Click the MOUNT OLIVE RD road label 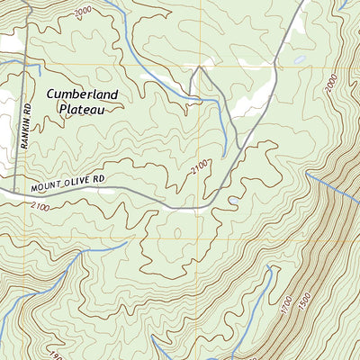pyautogui.click(x=67, y=184)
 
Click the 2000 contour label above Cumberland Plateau pyautogui.click(x=84, y=11)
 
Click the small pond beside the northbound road pyautogui.click(x=298, y=61)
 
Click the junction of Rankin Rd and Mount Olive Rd pyautogui.click(x=16, y=191)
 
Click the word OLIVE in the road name pyautogui.click(x=77, y=182)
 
